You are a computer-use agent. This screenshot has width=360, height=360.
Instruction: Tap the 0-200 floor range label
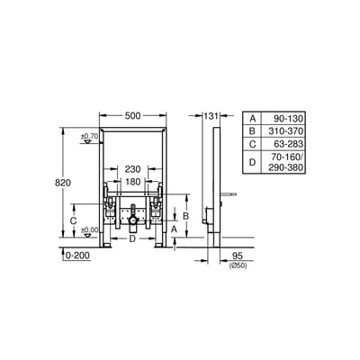[x=77, y=256]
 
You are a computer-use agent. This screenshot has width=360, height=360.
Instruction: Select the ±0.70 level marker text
[x=88, y=136]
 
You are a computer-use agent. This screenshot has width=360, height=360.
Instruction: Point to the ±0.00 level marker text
[x=88, y=230]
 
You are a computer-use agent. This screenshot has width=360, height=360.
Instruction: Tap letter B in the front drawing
[x=184, y=216]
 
